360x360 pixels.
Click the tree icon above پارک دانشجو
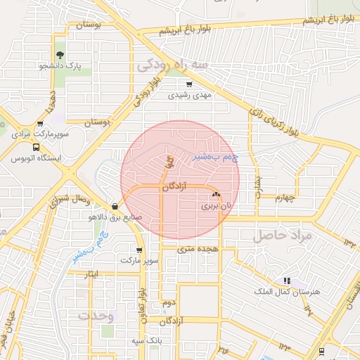60,54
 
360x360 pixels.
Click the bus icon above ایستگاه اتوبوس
36,147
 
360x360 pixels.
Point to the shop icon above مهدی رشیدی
189,84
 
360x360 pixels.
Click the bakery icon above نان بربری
216,194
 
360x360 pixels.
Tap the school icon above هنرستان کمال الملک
285,281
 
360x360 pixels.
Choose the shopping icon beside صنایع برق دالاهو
115,206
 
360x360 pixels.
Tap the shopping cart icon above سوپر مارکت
139,250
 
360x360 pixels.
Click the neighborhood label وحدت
96,316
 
